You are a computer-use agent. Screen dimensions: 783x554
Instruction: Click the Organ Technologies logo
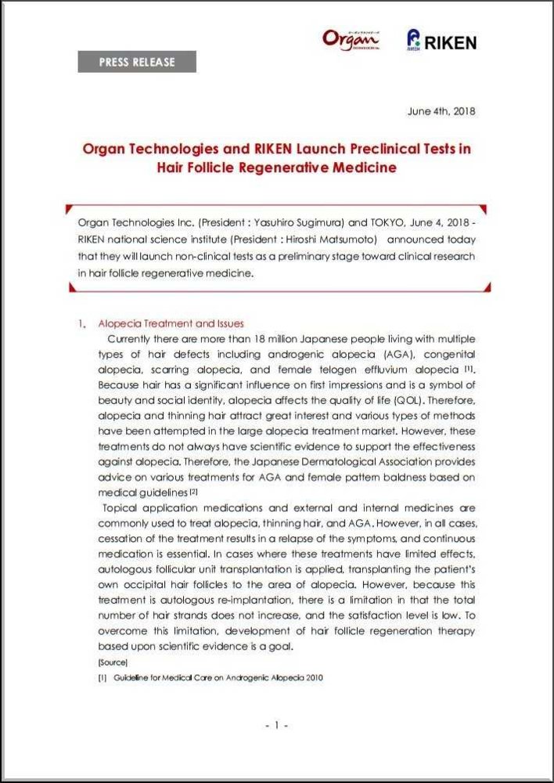click(351, 39)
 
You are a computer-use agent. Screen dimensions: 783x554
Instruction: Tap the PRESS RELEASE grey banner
click(137, 62)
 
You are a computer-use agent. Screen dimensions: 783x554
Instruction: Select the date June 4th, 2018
click(441, 111)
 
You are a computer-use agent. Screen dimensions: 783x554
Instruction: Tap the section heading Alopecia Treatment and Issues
click(171, 323)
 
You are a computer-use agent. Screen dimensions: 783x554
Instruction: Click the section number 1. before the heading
click(81, 323)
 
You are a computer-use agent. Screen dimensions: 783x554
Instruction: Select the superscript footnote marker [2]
click(192, 491)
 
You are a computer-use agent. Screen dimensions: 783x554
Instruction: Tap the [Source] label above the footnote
click(107, 662)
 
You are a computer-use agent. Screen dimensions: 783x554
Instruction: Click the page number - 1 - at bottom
click(277, 726)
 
